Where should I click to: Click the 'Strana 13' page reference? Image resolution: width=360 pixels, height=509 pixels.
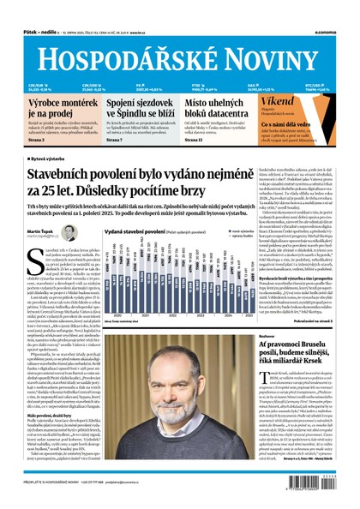pyautogui.click(x=194, y=140)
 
